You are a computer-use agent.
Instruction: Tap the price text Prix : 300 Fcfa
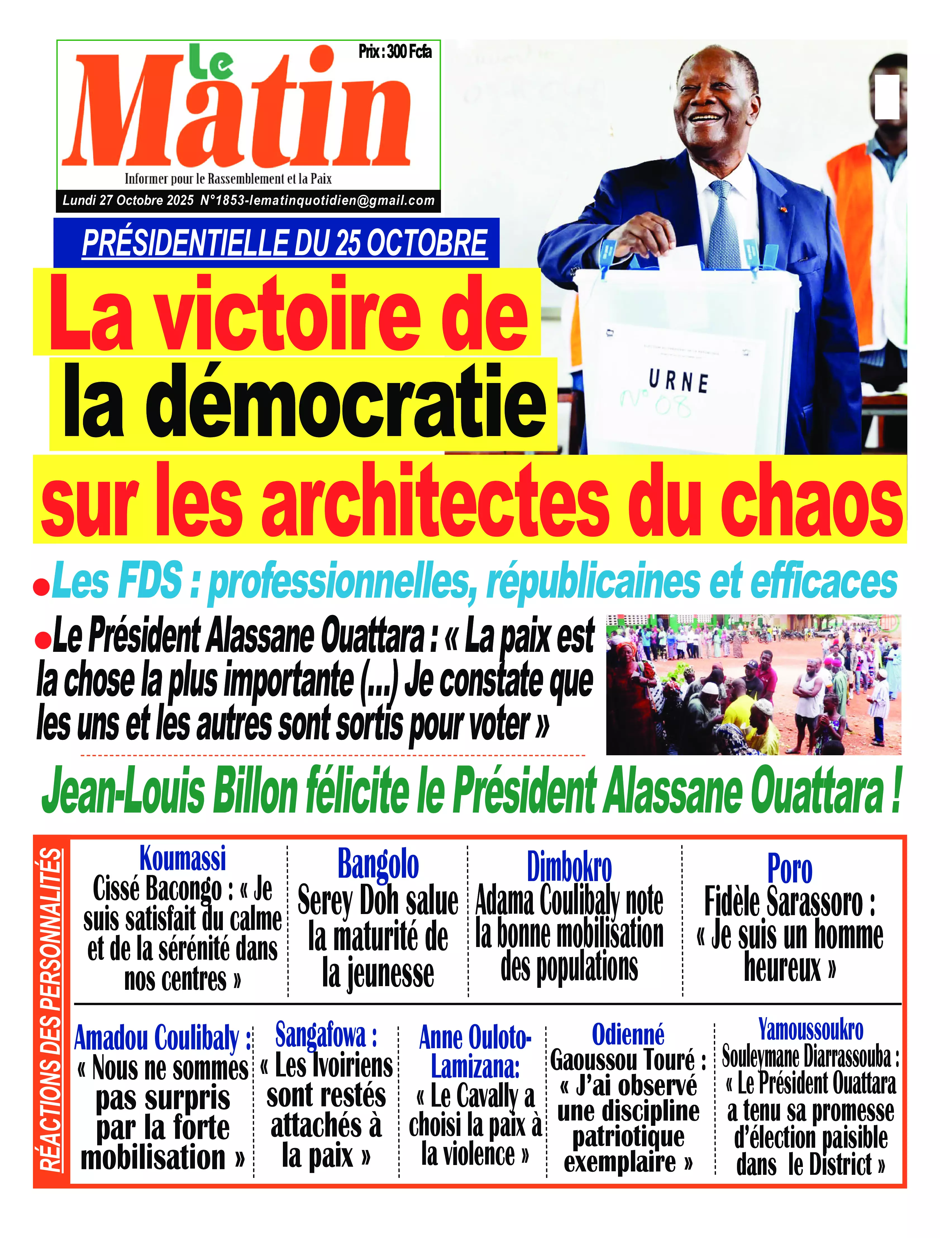click(395, 52)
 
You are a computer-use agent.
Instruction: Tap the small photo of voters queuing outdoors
click(753, 684)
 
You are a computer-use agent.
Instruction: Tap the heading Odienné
click(628, 1034)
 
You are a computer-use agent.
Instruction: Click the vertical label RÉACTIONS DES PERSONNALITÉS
click(51, 1008)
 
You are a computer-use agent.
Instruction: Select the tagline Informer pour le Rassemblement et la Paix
click(228, 179)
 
